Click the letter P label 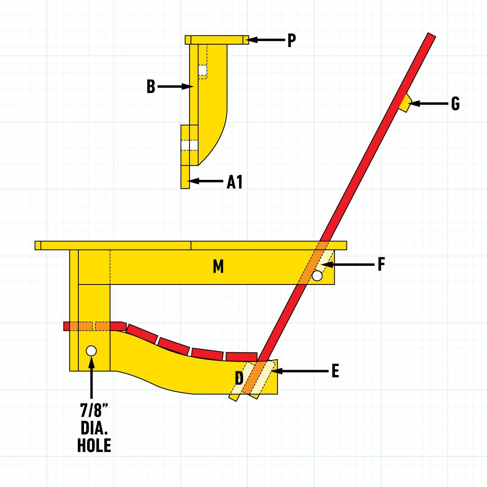coord(291,41)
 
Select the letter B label coord(151,87)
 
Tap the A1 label coord(235,182)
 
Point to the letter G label coord(455,104)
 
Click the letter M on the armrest coord(218,267)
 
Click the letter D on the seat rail coord(239,379)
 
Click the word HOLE coord(94,446)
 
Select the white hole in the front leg coord(91,351)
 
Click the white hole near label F coord(317,276)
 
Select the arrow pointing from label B coord(175,86)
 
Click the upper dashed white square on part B coord(203,71)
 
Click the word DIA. coord(94,428)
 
